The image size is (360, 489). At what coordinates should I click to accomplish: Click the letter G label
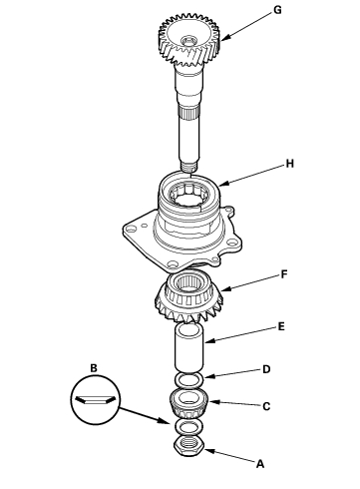(x=277, y=10)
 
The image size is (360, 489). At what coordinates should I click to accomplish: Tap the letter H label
(x=290, y=164)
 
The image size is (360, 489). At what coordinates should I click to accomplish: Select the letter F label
(x=284, y=274)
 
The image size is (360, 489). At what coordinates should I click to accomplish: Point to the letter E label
(x=281, y=326)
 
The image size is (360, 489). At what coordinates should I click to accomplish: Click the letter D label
(x=266, y=369)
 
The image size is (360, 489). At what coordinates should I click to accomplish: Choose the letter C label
(x=266, y=406)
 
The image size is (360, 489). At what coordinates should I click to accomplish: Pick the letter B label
(x=94, y=368)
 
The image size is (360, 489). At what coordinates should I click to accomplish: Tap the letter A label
(x=260, y=464)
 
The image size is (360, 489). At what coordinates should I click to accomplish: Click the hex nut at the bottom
(x=188, y=446)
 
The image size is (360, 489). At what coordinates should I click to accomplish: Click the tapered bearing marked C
(x=188, y=403)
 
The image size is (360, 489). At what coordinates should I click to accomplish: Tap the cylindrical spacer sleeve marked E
(x=188, y=347)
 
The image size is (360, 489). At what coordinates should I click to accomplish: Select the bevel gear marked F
(x=188, y=296)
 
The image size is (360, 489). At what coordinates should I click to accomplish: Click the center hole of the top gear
(x=188, y=41)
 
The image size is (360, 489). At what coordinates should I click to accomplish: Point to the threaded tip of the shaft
(x=189, y=166)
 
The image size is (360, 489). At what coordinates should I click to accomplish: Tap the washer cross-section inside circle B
(x=96, y=400)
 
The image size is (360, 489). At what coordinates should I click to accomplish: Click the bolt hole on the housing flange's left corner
(x=132, y=230)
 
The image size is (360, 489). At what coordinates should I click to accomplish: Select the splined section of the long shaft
(x=189, y=114)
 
